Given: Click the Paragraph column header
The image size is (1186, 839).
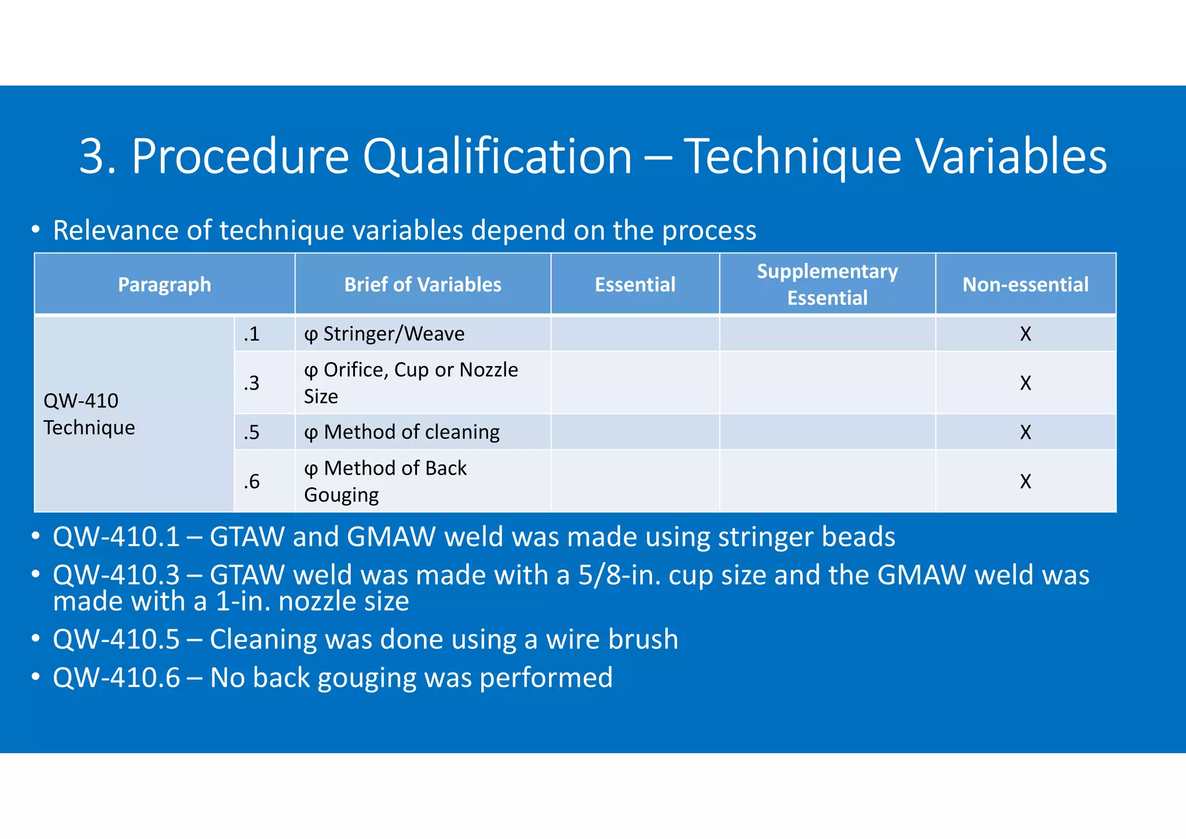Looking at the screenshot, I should coord(164,284).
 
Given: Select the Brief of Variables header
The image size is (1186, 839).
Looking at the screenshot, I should coord(423,284).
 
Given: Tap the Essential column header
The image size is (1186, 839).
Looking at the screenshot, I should coord(635,284).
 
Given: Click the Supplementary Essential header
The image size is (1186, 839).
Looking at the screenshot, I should coord(828,284).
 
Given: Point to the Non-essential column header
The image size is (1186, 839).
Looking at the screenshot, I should coord(1026,284).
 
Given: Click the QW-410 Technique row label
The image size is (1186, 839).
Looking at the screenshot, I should coord(89,414).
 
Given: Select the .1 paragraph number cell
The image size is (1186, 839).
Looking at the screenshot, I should coord(252,334).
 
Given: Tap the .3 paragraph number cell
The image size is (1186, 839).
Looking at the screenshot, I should coord(252,383).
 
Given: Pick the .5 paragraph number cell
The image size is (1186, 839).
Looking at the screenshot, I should coord(252,432).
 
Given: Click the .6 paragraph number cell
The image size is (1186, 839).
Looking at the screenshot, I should coord(252,481).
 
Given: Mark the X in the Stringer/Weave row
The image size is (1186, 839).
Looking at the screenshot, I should coord(1026,334).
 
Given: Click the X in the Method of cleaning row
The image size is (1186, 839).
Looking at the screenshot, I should coord(1026,432).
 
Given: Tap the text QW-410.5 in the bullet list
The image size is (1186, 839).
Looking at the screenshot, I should coord(116,640).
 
